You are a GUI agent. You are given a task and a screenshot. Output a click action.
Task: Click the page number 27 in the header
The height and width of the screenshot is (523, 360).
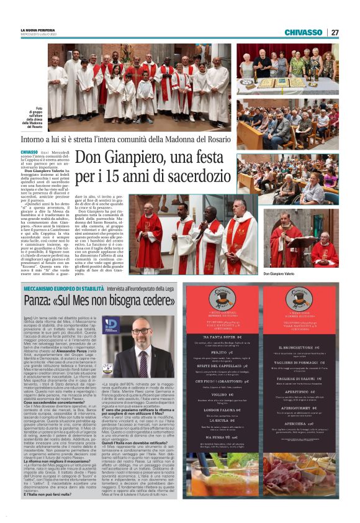click(335, 32)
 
